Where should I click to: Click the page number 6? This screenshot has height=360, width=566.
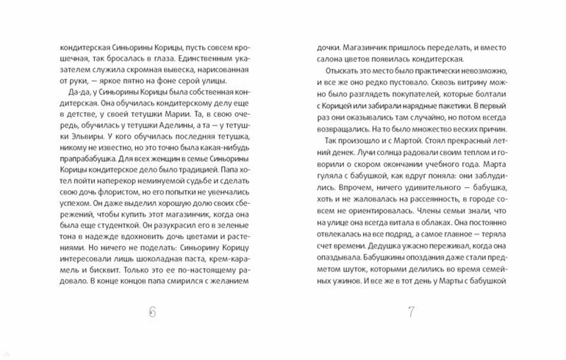(153, 311)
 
